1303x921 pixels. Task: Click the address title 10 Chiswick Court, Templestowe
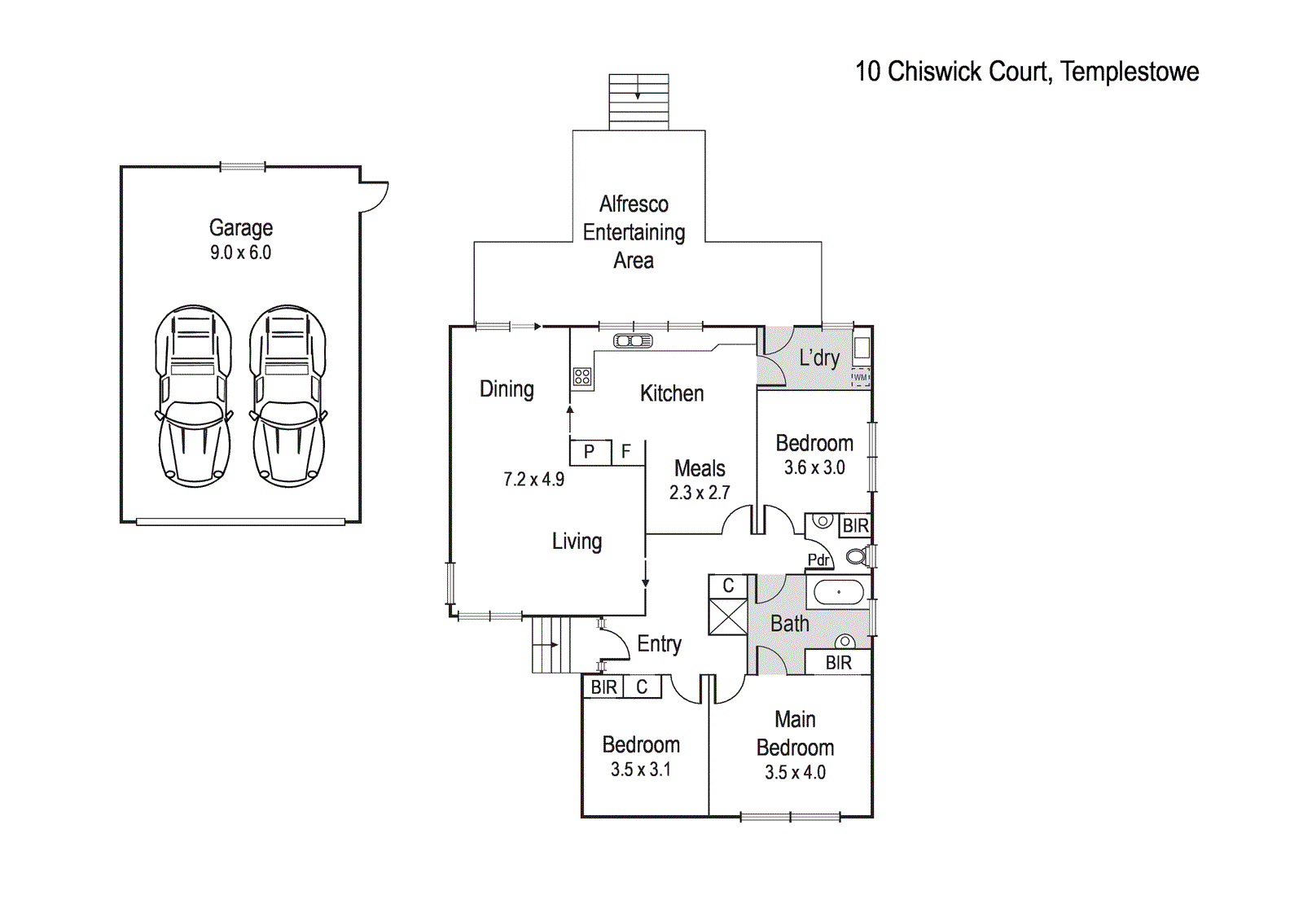1026,72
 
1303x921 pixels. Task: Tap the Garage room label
240,227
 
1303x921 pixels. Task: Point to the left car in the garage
193,396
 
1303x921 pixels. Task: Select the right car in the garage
287,396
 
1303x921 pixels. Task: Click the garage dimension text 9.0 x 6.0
240,252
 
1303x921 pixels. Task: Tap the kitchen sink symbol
633,341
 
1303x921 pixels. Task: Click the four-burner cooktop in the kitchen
581,376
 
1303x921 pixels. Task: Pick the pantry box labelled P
590,452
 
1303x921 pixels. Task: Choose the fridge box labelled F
626,452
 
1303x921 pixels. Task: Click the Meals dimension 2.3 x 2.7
700,493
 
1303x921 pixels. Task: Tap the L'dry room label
818,357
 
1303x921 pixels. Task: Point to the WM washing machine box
861,377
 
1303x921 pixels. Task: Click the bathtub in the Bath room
838,592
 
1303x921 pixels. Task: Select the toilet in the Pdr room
856,557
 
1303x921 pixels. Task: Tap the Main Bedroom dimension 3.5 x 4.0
795,773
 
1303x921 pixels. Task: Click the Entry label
659,644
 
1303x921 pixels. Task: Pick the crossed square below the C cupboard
727,616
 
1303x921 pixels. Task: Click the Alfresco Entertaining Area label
634,232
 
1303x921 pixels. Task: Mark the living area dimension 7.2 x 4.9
533,480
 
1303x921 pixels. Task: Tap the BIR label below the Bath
838,663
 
